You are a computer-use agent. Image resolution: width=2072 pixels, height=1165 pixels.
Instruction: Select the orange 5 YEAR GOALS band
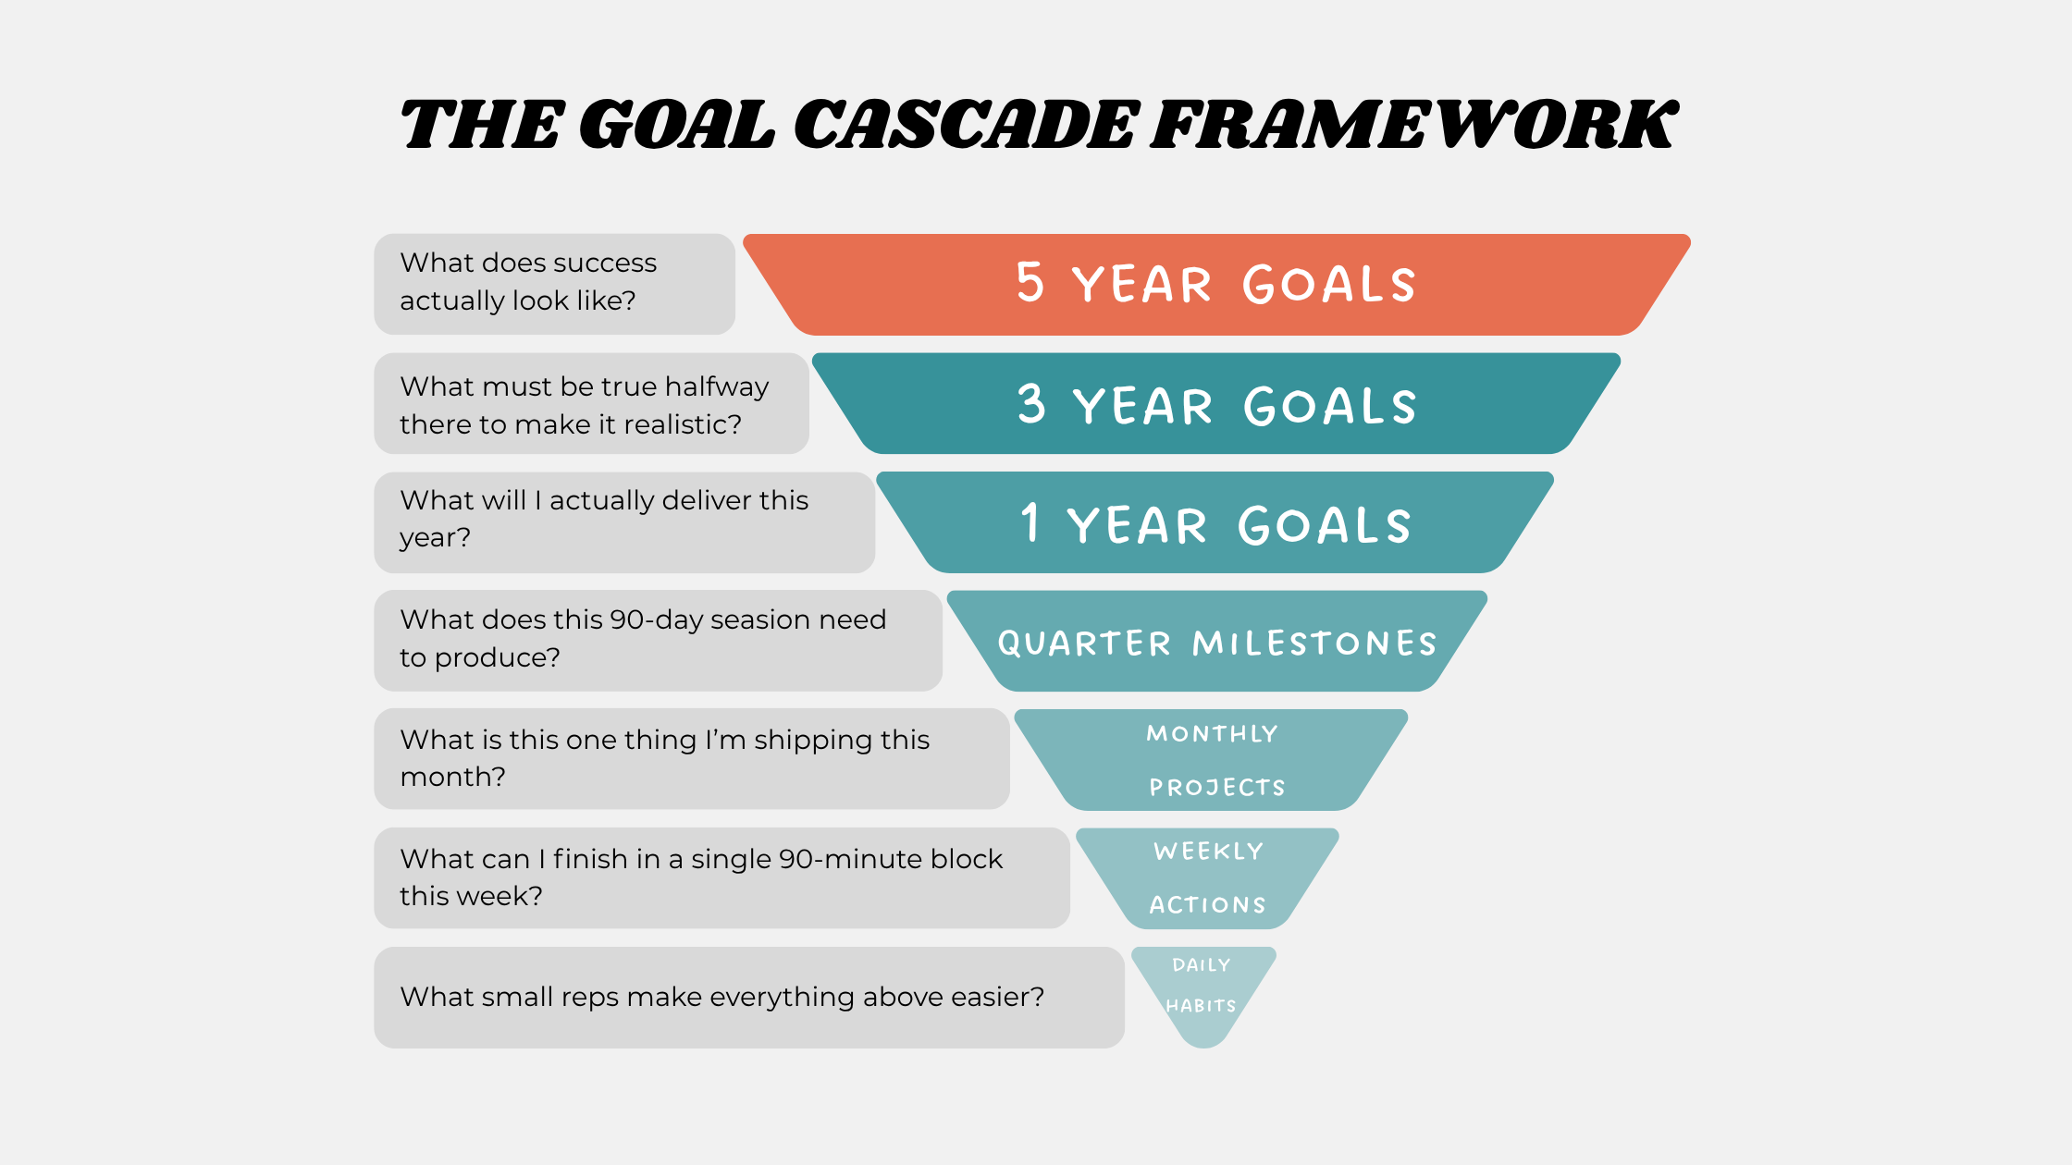[x=1216, y=284]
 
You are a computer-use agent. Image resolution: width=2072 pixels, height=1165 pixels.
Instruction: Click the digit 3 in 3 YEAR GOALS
[x=1031, y=405]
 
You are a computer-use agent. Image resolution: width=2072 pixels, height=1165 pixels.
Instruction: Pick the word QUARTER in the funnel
[x=1084, y=643]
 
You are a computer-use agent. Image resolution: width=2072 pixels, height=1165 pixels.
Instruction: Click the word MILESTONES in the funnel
[x=1314, y=643]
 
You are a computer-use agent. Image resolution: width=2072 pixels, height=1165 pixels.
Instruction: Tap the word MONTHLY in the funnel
[x=1212, y=734]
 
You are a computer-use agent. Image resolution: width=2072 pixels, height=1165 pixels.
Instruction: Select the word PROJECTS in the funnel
[x=1217, y=788]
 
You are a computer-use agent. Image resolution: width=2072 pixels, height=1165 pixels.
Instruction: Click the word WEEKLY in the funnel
[x=1208, y=852]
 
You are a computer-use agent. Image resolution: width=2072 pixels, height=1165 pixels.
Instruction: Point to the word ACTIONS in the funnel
[x=1207, y=905]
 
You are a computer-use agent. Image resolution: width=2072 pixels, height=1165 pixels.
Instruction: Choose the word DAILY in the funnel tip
[x=1202, y=965]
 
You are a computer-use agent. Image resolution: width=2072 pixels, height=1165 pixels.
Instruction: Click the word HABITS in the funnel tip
[x=1201, y=1006]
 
